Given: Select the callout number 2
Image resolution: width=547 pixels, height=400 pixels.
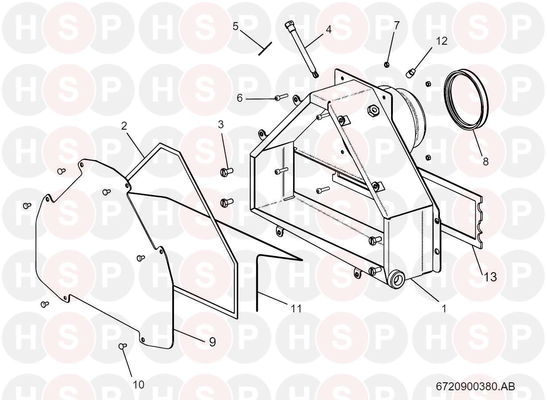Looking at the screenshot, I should point(124,126).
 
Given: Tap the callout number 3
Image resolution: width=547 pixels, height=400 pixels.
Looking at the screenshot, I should point(221,125).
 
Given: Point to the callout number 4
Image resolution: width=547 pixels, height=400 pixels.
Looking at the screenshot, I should point(328,30).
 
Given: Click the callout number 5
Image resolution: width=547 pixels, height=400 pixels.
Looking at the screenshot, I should point(236,27).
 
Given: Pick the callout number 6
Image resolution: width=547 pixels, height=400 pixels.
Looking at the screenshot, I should point(240,98).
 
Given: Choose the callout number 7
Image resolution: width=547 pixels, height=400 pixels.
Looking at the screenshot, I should point(396,25).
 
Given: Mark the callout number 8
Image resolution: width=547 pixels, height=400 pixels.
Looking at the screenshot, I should point(485,162).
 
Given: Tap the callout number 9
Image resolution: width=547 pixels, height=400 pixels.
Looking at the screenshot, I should point(213,342).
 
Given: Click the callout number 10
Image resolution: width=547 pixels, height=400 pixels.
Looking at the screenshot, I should point(139,385).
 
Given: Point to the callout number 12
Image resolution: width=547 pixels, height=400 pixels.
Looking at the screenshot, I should point(442,41).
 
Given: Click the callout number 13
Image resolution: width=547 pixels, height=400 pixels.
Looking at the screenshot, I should point(490,277).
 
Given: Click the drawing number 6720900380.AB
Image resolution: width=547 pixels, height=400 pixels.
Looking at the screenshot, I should point(475,386).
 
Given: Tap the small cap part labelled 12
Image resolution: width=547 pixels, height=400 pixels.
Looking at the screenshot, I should point(411,71).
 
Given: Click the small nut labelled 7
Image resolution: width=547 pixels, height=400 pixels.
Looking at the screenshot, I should point(387,65).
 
